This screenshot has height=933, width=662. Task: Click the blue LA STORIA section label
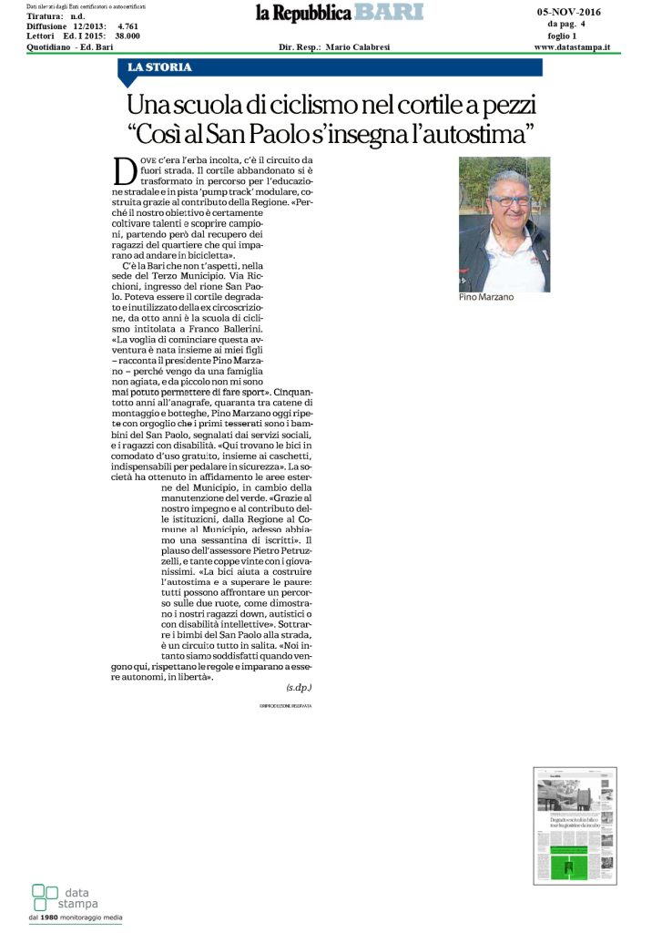[x=160, y=67]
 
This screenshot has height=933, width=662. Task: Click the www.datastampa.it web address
[x=572, y=46]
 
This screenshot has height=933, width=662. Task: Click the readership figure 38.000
[x=133, y=36]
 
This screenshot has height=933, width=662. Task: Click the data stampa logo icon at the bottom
[x=45, y=896]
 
